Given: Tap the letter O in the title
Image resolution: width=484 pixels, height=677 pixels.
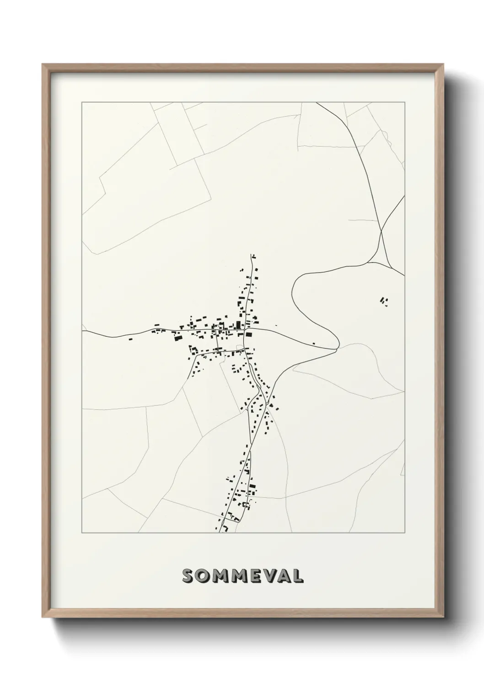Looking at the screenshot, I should (x=203, y=576).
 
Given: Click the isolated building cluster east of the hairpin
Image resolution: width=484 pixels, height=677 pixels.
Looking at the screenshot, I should (x=384, y=301).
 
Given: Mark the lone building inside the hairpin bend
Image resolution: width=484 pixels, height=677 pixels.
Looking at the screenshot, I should (x=313, y=343).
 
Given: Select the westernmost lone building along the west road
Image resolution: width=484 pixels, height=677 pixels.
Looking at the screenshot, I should (x=130, y=339).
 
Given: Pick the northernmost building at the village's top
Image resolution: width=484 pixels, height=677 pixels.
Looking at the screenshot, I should (x=254, y=257).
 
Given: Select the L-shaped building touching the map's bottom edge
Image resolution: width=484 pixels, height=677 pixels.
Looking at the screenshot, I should (x=226, y=530).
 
